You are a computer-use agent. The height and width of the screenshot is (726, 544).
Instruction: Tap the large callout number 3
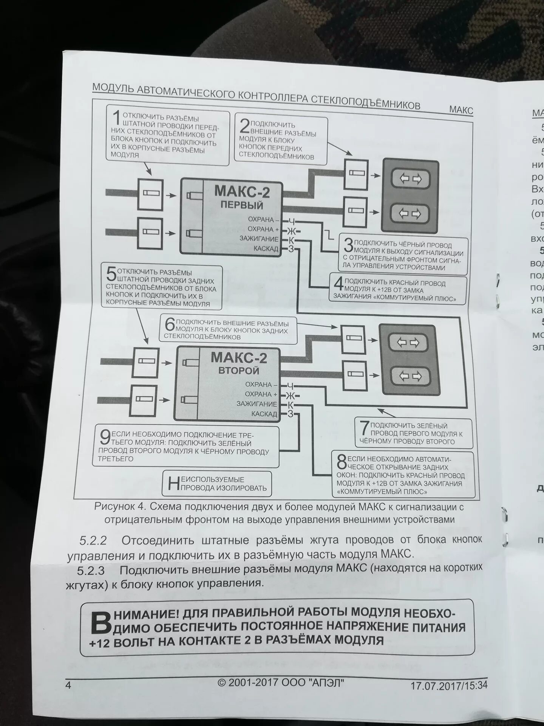[x=348, y=245]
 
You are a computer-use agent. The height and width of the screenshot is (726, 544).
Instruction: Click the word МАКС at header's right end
[x=461, y=110]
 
